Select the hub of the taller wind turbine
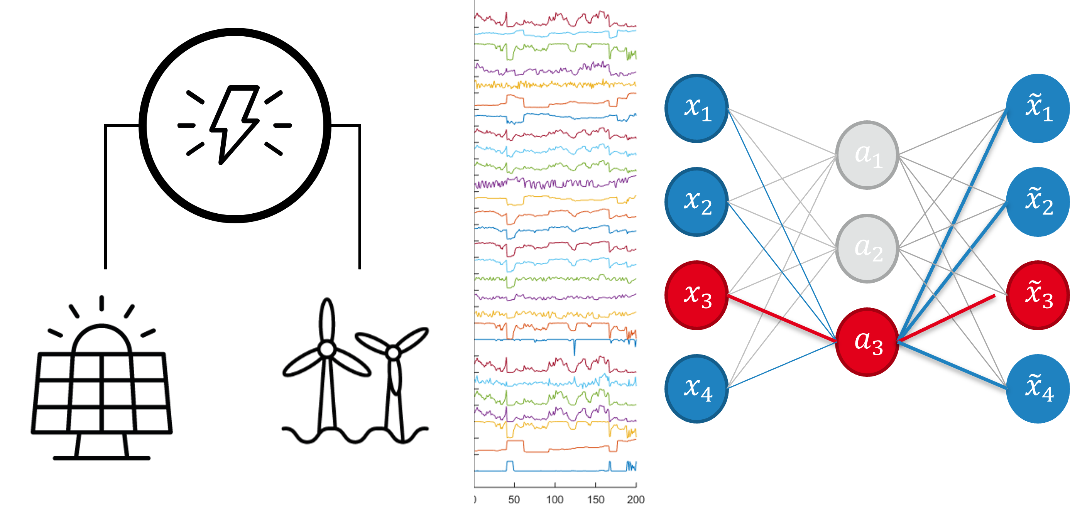tap(327, 349)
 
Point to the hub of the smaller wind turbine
tap(393, 353)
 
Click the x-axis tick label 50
tap(514, 499)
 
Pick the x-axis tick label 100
tap(554, 499)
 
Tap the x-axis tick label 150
tap(595, 499)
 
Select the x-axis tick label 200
tap(636, 499)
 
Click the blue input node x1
tap(696, 108)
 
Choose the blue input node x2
tap(696, 202)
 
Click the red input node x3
tap(696, 295)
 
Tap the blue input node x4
tap(696, 389)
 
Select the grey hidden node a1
tap(867, 155)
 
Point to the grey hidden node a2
tap(867, 248)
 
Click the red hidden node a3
tap(867, 342)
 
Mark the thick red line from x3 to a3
tap(782, 319)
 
